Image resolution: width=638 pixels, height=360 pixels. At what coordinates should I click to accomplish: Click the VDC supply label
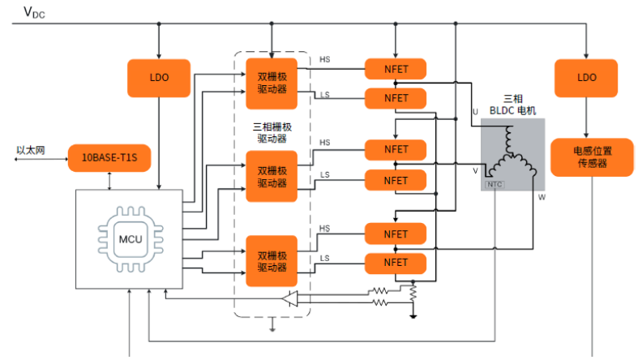(x=34, y=11)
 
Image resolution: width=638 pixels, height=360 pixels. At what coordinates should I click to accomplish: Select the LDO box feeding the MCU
(x=158, y=77)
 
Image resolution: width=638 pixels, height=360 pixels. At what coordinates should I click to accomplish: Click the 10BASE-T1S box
(x=109, y=156)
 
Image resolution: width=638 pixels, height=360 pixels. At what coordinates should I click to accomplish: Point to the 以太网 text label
(x=32, y=150)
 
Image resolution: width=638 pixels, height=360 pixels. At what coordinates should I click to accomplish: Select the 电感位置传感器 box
(x=591, y=156)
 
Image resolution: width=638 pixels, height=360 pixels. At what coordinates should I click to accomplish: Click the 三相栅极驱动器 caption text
(x=272, y=133)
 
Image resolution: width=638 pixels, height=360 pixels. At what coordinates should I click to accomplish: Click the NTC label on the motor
(x=494, y=185)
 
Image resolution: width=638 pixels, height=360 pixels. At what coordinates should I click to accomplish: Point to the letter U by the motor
(x=476, y=111)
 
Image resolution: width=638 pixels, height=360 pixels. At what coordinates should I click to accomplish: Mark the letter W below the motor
(x=540, y=196)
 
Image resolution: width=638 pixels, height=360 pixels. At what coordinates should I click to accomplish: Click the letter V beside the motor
(x=475, y=171)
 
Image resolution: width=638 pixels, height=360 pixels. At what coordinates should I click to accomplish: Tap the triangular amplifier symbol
(x=290, y=298)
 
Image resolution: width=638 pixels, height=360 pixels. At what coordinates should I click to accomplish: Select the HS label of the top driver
(x=325, y=60)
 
